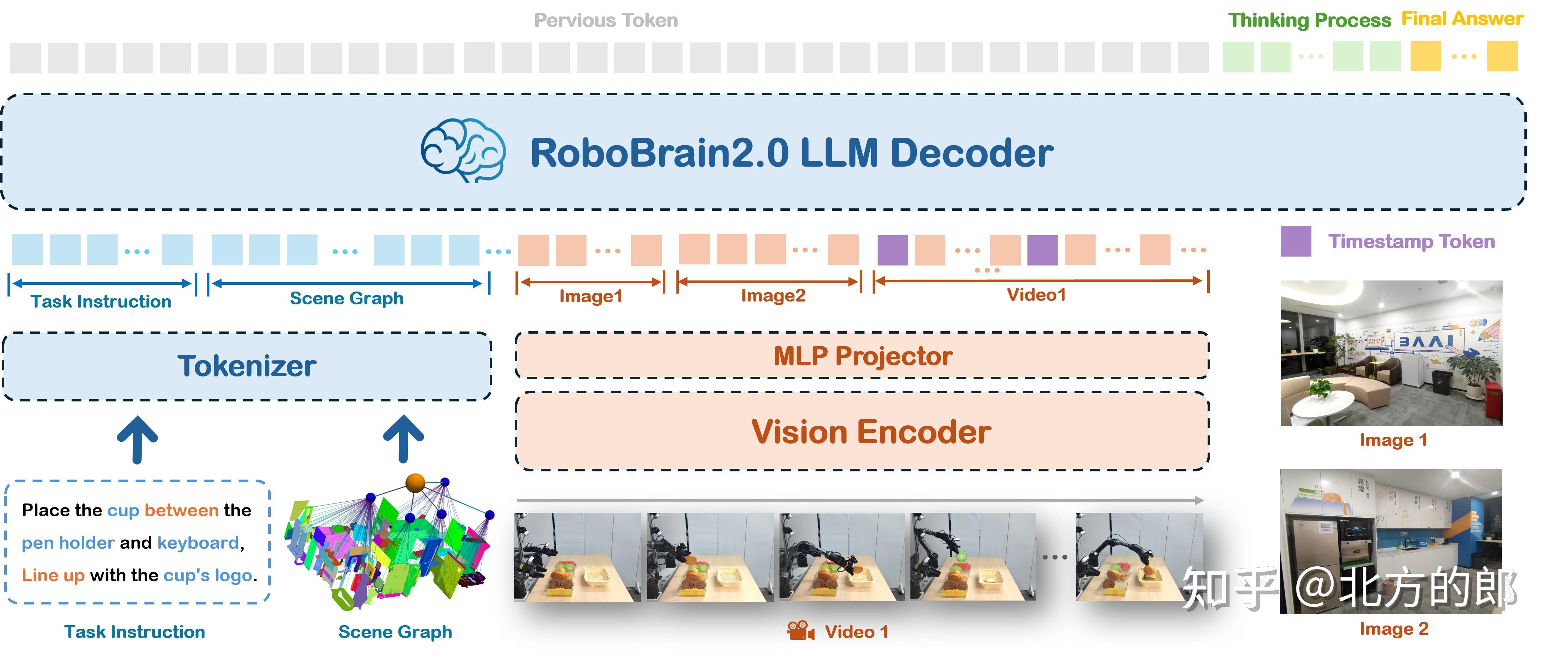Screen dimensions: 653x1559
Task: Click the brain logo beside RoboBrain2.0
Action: (463, 151)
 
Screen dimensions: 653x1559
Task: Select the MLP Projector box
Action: (862, 356)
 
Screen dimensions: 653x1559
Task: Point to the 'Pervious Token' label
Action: (606, 21)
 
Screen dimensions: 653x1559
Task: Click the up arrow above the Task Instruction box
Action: (137, 439)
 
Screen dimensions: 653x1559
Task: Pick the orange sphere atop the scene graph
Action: (415, 482)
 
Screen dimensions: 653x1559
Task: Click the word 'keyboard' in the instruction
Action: (198, 543)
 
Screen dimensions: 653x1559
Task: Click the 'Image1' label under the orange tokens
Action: (591, 296)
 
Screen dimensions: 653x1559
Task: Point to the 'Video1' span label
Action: (1036, 295)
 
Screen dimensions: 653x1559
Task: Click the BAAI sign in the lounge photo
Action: (1425, 341)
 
